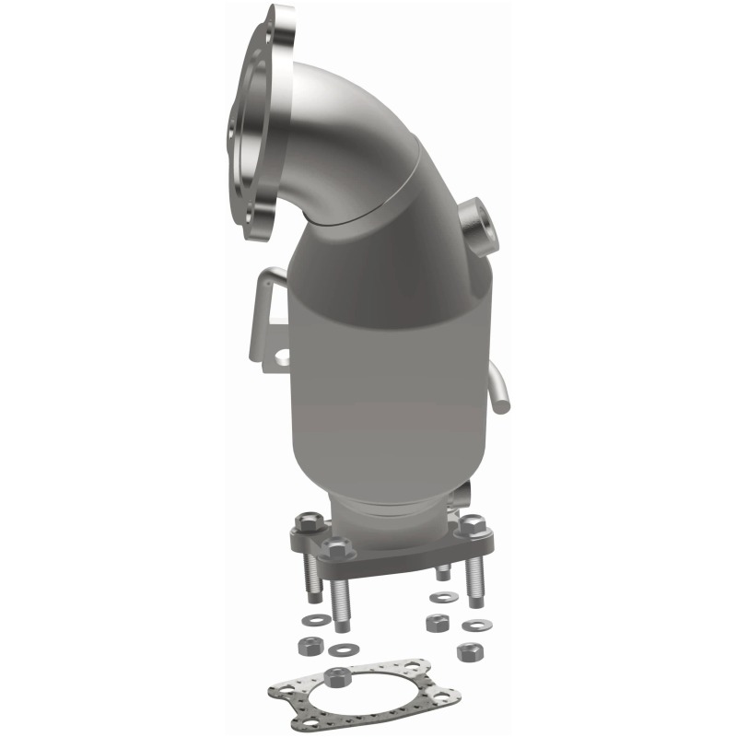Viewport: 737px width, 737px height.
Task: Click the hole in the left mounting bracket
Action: point(283,355)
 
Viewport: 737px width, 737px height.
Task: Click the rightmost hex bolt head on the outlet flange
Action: point(474,525)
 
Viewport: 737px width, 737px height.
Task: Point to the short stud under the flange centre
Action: point(442,571)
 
